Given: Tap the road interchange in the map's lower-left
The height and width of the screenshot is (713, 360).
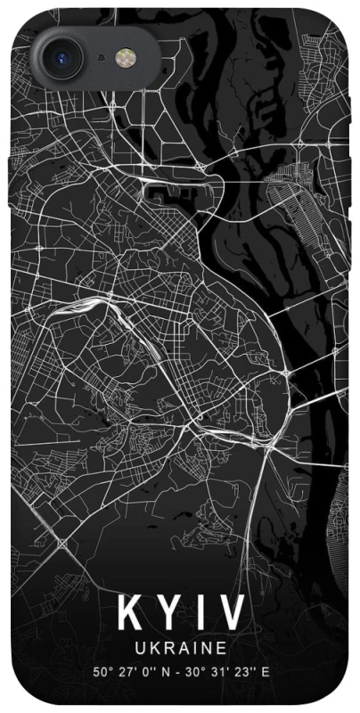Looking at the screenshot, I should pos(62,543).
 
